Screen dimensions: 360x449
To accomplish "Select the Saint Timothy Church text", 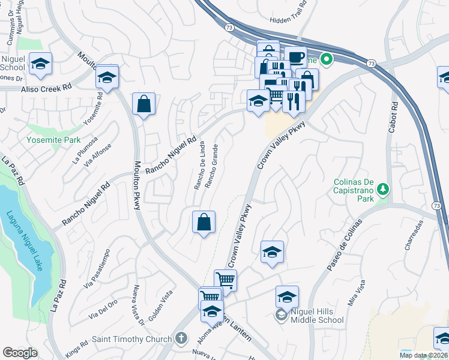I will click(x=131, y=339).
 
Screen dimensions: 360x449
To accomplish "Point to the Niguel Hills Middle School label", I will click(x=317, y=316).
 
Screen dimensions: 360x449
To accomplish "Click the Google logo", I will click(x=20, y=352).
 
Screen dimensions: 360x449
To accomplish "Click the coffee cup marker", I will click(x=295, y=58).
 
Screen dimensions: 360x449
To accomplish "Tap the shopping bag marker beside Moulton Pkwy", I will click(x=144, y=104).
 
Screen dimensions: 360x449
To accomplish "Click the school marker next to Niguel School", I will click(x=40, y=64).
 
